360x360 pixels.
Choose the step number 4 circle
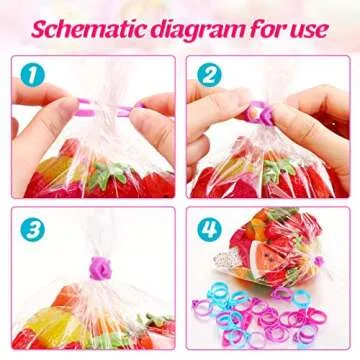point(207,227)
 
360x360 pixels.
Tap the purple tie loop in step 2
point(257,108)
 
